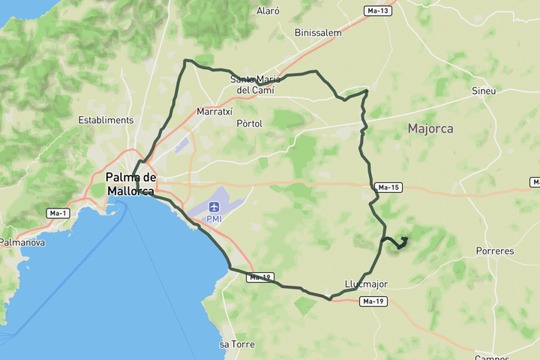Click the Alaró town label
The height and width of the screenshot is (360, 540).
pos(268,11)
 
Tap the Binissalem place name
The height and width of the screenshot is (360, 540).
pos(318,33)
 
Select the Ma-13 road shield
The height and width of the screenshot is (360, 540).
pos(377,10)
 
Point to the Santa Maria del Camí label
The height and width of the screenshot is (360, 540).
pos(255,85)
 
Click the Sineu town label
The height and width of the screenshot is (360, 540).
pos(484,91)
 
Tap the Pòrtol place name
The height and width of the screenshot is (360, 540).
pos(249,124)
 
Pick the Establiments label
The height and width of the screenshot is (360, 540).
pos(106,120)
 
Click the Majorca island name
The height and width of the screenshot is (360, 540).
pos(430,129)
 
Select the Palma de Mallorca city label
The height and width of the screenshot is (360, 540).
pos(130,184)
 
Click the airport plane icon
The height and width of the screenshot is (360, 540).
pos(214,206)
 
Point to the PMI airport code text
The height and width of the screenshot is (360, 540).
pos(215,218)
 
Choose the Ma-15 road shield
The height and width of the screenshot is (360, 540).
pos(388,187)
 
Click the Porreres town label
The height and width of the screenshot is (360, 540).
pos(495,251)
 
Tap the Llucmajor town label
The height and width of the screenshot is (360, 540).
pos(367,284)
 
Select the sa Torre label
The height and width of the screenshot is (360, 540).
pos(237,344)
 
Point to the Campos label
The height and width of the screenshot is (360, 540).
pos(491,357)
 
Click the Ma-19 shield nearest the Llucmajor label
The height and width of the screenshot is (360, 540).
pos(373,301)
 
